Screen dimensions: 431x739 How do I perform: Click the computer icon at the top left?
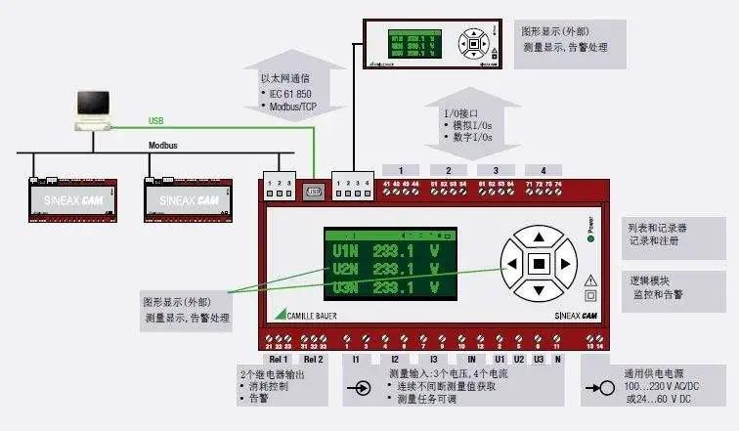[94, 107]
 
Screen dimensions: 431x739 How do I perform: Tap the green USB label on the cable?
[156, 121]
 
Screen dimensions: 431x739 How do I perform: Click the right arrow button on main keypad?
[564, 263]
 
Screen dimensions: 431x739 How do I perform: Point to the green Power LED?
[590, 223]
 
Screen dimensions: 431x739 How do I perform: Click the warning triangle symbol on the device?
[589, 279]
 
